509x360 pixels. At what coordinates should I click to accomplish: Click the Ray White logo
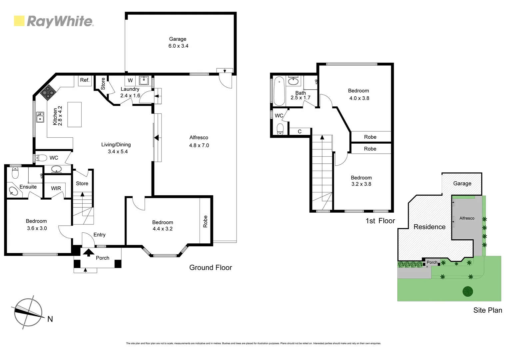[54, 21]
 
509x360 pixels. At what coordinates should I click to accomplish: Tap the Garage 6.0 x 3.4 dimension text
[178, 46]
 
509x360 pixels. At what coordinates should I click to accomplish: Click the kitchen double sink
[40, 117]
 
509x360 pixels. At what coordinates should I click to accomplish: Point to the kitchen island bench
[74, 114]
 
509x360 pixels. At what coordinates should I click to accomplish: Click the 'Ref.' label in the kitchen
[85, 80]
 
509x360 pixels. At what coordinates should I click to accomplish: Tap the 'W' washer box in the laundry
[130, 80]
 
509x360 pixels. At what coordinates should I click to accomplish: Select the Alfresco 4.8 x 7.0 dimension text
[199, 145]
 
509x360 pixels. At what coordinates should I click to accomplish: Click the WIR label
[56, 188]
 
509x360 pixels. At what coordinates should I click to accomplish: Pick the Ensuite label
[28, 187]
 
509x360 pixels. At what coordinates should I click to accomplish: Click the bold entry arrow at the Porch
[88, 252]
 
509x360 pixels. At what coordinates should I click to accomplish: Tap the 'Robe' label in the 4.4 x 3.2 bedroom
[205, 221]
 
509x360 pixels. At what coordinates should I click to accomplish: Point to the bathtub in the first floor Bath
[278, 91]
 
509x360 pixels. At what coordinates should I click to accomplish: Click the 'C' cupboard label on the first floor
[299, 132]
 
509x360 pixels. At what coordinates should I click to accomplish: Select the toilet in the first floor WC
[280, 128]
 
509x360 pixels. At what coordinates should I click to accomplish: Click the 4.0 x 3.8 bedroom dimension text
[359, 98]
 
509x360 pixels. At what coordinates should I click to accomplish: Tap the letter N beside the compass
[50, 319]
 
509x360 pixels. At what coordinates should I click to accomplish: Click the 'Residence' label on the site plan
[429, 227]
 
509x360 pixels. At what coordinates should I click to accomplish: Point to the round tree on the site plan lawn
[468, 291]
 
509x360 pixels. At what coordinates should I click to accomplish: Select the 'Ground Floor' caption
[211, 267]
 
